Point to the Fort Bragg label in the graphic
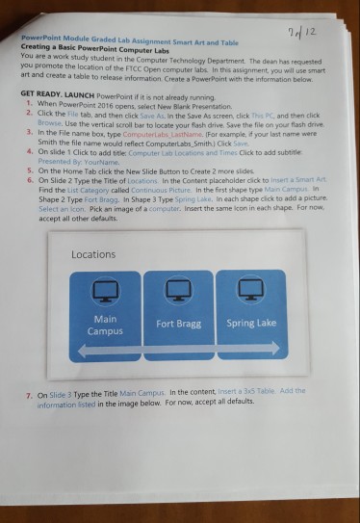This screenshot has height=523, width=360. (x=178, y=324)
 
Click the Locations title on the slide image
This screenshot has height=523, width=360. (x=93, y=255)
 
